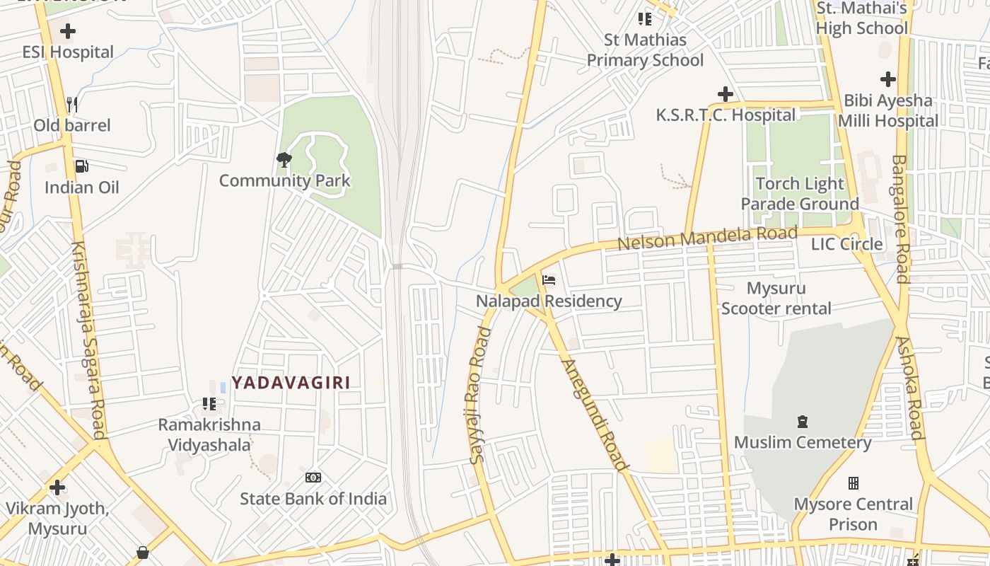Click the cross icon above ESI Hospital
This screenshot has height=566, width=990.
(68, 31)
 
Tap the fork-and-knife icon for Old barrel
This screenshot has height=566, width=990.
(72, 105)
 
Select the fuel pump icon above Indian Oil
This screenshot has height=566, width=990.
(82, 166)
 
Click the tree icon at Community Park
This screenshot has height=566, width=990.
(284, 160)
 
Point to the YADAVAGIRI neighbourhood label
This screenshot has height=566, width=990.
(291, 383)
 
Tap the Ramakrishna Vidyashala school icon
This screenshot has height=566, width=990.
(209, 404)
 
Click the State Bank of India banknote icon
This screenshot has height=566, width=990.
(313, 478)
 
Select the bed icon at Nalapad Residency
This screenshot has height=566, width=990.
(549, 280)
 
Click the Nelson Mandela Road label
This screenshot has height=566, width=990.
(707, 238)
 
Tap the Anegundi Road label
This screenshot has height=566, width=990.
(594, 415)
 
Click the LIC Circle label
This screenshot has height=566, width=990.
(846, 244)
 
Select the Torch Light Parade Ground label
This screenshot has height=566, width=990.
(800, 194)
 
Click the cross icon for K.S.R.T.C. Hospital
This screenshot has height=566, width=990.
(726, 93)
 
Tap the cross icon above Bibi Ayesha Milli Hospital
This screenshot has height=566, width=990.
(888, 79)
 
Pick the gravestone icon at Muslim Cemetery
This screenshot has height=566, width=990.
(803, 422)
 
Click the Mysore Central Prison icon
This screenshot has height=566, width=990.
(854, 483)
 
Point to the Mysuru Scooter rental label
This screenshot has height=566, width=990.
(776, 299)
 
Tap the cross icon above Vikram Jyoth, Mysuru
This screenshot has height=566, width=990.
(57, 487)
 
